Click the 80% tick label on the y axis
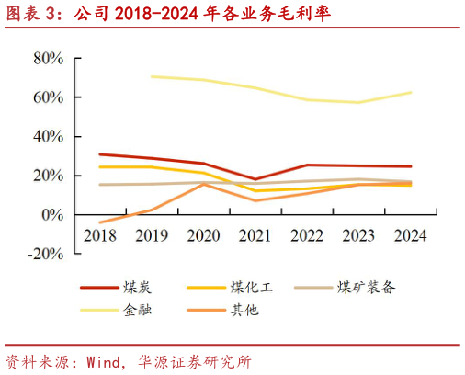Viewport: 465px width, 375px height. pyautogui.click(x=47, y=58)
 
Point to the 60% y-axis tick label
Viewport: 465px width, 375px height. pyautogui.click(x=47, y=97)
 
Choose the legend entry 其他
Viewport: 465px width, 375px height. pyautogui.click(x=244, y=310)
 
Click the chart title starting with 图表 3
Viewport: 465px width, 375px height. pyautogui.click(x=165, y=13)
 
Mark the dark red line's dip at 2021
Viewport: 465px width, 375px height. pyautogui.click(x=255, y=179)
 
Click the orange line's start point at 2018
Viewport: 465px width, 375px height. pyautogui.click(x=100, y=222)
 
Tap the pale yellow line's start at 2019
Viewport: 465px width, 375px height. pyautogui.click(x=152, y=76)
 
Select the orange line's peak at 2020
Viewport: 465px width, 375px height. pyautogui.click(x=203, y=184)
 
